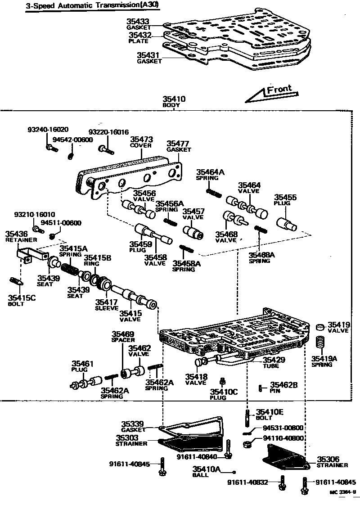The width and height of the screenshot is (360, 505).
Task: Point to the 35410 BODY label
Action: [x=174, y=101]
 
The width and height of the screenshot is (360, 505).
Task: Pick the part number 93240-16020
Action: [x=48, y=130]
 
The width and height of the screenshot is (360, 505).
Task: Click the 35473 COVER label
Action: [x=140, y=143]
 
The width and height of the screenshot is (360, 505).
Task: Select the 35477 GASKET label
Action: [x=178, y=146]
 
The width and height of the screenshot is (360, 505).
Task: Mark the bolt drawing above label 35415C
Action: [x=16, y=282]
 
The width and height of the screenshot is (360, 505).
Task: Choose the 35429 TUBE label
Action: [x=274, y=362]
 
